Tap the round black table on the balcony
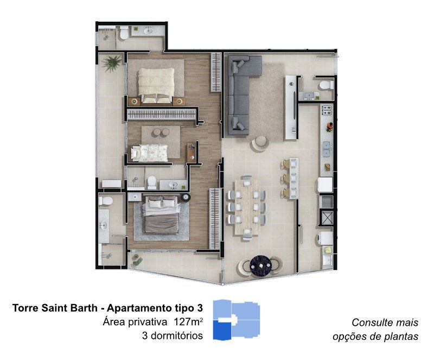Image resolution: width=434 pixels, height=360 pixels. (261, 266)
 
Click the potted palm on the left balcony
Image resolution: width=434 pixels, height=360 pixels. (112, 63)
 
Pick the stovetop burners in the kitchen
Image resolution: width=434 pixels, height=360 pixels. (327, 110)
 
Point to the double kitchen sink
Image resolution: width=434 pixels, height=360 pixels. (327, 149)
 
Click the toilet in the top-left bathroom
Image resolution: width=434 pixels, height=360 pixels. (124, 33)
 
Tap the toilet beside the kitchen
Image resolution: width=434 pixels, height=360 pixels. (326, 85)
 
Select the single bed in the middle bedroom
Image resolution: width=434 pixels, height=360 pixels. (150, 153)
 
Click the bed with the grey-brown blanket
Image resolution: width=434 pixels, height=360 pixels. (161, 215)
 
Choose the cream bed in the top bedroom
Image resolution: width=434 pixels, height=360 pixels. (156, 85)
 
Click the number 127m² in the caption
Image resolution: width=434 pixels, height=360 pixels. (188, 322)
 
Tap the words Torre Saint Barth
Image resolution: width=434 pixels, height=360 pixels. (55, 308)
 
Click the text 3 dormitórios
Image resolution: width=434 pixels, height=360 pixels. (173, 336)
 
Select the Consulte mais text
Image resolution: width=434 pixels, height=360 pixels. (385, 323)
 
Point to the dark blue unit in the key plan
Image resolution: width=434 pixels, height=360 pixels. (222, 330)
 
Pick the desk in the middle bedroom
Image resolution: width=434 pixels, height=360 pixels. (191, 153)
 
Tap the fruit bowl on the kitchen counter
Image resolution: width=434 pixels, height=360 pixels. (329, 127)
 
